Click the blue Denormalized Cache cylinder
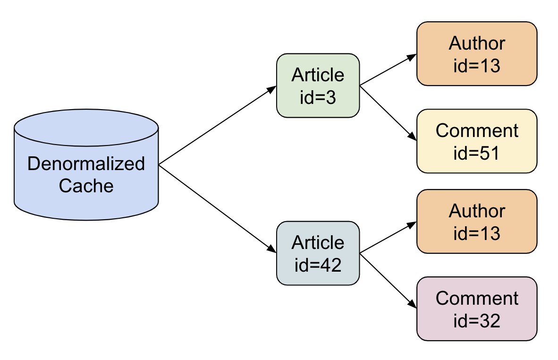86,165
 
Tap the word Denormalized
86,164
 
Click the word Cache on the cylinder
86,186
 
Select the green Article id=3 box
318,86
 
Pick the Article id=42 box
318,253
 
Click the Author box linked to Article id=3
477,54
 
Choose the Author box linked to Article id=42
477,222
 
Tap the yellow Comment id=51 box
477,141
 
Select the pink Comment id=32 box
477,309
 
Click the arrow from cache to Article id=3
218,125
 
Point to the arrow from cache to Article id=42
218,209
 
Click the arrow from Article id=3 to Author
388,70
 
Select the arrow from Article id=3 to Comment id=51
388,113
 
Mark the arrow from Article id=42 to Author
388,238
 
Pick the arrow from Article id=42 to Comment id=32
388,281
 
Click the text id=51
476,153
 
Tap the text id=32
476,321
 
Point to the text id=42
318,265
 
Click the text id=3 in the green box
318,97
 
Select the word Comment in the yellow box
477,131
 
